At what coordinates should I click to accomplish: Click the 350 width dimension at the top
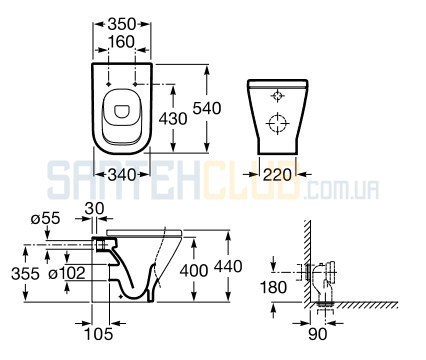122,24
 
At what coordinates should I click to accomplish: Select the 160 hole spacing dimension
122,42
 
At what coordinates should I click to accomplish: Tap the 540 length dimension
207,108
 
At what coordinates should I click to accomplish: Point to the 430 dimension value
173,118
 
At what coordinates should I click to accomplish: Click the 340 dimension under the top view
122,174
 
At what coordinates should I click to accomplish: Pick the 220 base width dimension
277,174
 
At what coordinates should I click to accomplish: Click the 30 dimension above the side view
94,209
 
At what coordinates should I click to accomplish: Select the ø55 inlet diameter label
45,219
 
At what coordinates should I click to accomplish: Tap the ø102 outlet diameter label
67,274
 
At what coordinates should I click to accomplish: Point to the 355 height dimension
25,274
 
